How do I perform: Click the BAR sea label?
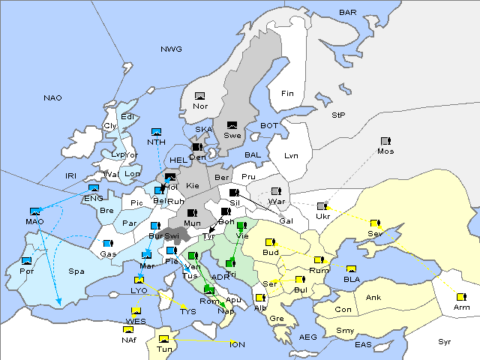pos(348,13)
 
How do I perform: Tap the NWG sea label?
pos(171,49)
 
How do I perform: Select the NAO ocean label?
pos(52,98)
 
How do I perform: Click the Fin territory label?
pos(286,94)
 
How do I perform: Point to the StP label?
pos(338,115)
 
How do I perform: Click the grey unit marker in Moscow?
pos(385,141)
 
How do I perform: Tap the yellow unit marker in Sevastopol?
pos(375,223)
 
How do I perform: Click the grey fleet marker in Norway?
pos(199,96)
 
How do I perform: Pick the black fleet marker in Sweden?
pos(232,125)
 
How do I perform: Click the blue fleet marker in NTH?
pos(156,132)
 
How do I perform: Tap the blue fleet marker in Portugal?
pos(27,260)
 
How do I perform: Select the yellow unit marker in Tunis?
pos(163,340)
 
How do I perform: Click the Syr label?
pos(445,341)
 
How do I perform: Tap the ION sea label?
pos(237,345)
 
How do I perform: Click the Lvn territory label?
pos(292,156)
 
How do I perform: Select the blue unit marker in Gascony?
pos(108,244)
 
